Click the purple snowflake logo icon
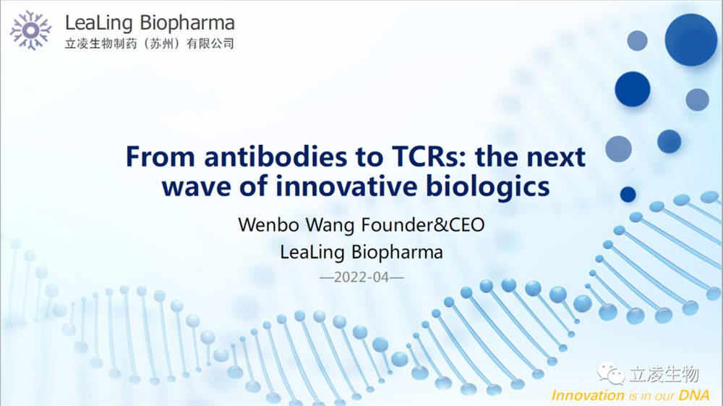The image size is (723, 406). click(x=30, y=30)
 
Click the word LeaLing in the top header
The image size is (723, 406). click(x=98, y=22)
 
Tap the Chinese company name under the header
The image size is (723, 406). click(x=150, y=44)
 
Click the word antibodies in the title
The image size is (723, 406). click(x=275, y=156)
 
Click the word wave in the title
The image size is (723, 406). click(x=197, y=187)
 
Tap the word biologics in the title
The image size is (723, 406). click(x=487, y=187)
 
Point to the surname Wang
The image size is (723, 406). click(x=330, y=226)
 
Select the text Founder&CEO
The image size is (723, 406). click(x=423, y=225)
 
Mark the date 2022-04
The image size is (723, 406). click(x=361, y=277)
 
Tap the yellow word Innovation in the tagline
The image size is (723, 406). click(x=588, y=395)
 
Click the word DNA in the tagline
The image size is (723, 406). click(x=694, y=395)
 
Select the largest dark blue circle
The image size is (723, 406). click(x=690, y=40)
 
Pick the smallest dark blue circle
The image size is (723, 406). click(x=628, y=194)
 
